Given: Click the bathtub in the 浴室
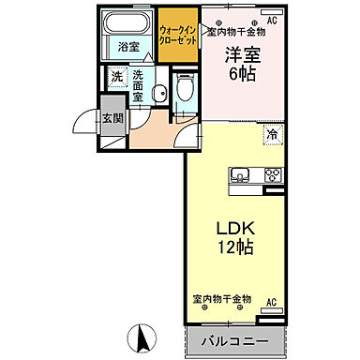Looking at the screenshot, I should (x=125, y=23).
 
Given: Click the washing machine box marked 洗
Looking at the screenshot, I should (x=116, y=77).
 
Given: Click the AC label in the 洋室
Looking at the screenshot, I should (x=272, y=20).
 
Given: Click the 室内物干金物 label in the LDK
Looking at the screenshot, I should (x=222, y=301).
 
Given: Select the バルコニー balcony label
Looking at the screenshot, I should (x=233, y=339).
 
